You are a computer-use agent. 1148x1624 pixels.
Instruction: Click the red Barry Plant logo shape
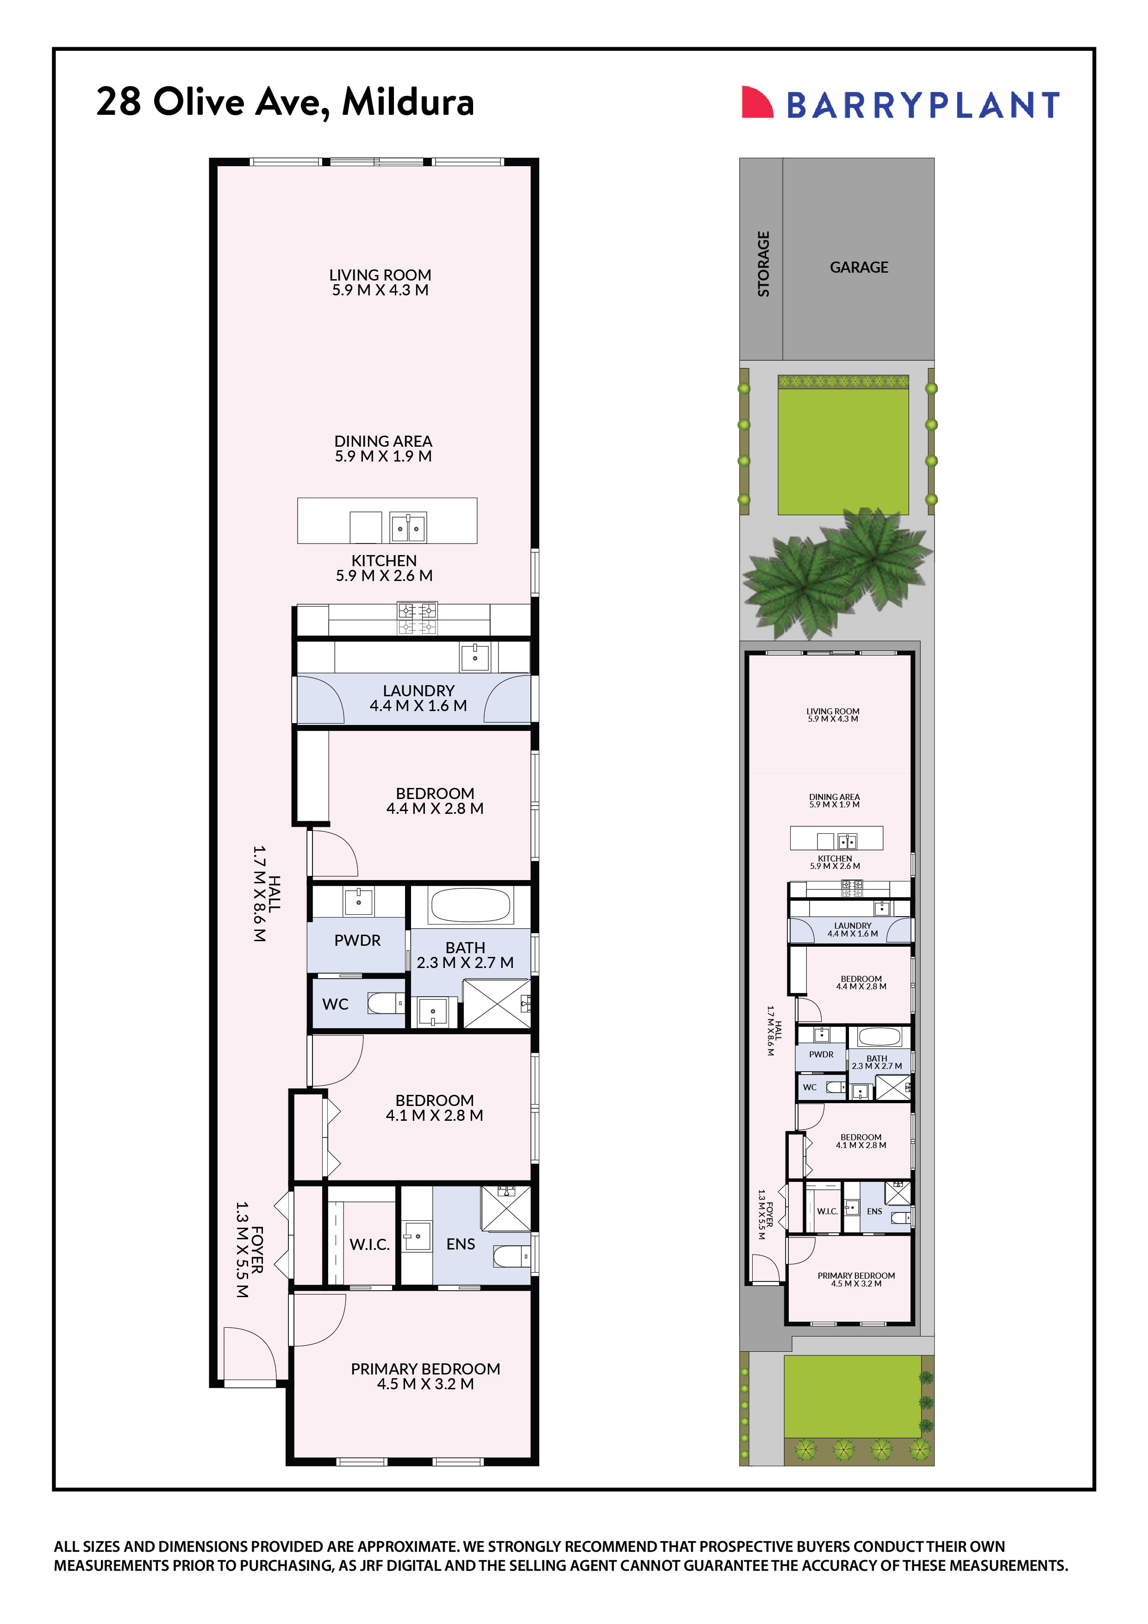(755, 103)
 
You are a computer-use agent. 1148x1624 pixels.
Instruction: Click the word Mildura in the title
(408, 102)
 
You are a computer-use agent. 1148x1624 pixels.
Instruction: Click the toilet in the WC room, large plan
(385, 1003)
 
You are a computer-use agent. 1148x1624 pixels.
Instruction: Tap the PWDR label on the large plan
(357, 940)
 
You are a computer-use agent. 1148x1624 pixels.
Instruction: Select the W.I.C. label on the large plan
(369, 1244)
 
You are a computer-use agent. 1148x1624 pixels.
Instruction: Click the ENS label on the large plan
(461, 1243)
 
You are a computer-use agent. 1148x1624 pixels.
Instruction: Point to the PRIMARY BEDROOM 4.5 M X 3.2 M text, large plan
(425, 1376)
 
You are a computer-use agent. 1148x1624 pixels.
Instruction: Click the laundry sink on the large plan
(474, 657)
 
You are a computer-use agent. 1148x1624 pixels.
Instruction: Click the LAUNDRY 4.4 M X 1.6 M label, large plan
(418, 698)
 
